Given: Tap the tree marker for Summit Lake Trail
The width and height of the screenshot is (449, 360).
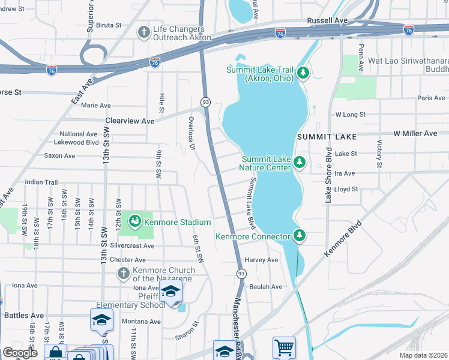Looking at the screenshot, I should (x=303, y=73).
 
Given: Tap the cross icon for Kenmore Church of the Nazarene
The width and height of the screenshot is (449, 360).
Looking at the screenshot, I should (x=123, y=274).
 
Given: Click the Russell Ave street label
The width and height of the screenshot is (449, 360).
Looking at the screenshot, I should (x=328, y=20).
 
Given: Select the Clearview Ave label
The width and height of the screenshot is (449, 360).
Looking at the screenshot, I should (x=130, y=121).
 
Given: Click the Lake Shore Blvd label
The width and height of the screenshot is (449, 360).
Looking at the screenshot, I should (x=328, y=174).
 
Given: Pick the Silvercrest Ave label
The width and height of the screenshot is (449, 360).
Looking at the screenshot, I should (x=132, y=246).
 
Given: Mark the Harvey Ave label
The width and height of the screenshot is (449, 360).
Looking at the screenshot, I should (x=261, y=260).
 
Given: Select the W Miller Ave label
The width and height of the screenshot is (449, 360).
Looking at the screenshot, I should (x=415, y=133).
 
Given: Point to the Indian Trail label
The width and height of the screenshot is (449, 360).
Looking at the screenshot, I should (x=41, y=182).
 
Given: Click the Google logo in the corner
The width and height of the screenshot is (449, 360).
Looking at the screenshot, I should (x=20, y=353).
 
